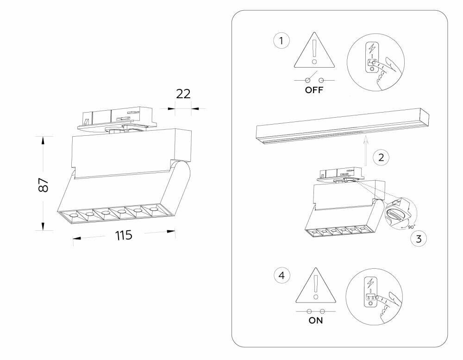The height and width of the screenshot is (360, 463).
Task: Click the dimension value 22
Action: pyautogui.click(x=183, y=94)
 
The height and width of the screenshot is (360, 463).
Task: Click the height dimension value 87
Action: pyautogui.click(x=43, y=185)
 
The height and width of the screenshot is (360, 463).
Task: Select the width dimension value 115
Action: pyautogui.click(x=124, y=235)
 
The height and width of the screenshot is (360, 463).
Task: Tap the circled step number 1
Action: pyautogui.click(x=282, y=41)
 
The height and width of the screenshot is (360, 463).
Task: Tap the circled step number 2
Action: pyautogui.click(x=381, y=157)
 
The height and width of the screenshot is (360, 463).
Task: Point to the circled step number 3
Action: pyautogui.click(x=419, y=239)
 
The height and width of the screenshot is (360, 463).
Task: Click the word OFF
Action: pyautogui.click(x=314, y=90)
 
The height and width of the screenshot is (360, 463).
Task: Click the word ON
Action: pyautogui.click(x=315, y=320)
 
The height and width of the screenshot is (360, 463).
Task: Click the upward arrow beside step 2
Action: pyautogui.click(x=365, y=151)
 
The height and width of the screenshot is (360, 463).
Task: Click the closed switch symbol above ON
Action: pyautogui.click(x=315, y=311)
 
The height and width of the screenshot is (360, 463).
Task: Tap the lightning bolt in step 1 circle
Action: pyautogui.click(x=372, y=49)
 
